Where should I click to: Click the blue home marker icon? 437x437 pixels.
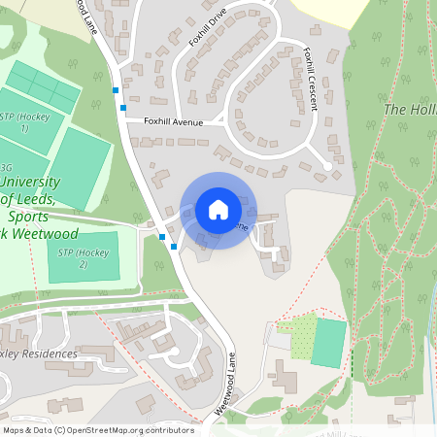(218, 210)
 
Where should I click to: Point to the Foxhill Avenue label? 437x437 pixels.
(173, 122)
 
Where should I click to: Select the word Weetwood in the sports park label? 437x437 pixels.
(43, 234)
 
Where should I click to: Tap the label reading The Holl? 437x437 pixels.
(409, 110)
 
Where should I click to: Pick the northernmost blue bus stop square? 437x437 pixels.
(117, 89)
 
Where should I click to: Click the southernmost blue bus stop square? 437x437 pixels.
(173, 247)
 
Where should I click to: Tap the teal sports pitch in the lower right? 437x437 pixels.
(329, 342)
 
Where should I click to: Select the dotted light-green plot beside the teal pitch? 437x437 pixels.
(303, 335)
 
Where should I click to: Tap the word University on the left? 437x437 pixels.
(30, 183)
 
